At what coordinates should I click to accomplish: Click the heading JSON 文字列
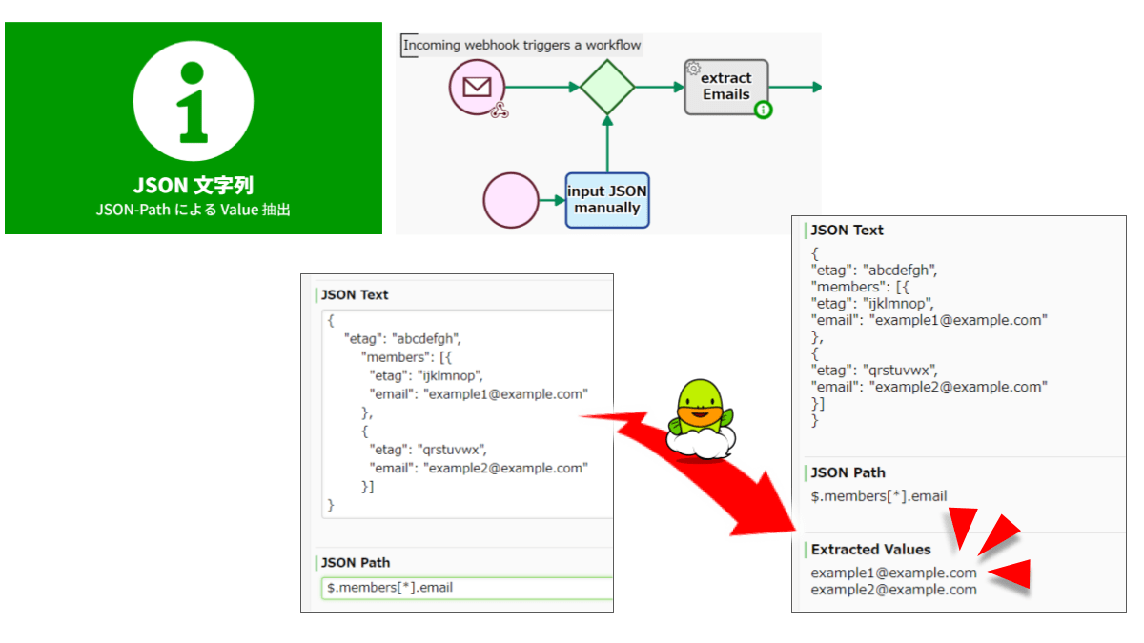click(194, 186)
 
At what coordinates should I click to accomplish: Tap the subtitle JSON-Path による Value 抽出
click(194, 210)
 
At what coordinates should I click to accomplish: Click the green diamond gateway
click(607, 88)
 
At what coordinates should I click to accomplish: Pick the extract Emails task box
click(725, 87)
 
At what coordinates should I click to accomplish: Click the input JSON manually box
click(607, 200)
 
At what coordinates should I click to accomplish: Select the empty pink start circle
click(511, 200)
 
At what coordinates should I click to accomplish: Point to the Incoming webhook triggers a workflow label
click(521, 45)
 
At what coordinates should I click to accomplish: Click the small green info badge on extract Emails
click(763, 111)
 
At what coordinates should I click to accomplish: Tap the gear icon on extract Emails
click(694, 68)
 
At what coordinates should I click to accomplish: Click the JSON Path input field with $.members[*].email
click(467, 588)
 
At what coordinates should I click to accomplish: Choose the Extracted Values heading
click(870, 550)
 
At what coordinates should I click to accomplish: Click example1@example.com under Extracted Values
click(893, 573)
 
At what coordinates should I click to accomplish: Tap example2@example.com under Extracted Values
click(893, 590)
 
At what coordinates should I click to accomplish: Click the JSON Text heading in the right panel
click(847, 231)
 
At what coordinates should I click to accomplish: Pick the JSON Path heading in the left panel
click(356, 563)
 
